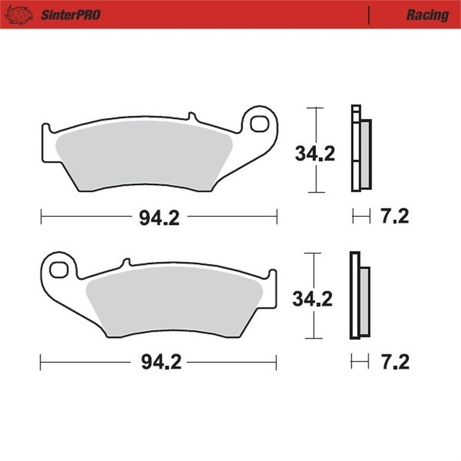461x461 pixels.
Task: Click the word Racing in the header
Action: point(427,15)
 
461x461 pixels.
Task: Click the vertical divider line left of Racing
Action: point(368,15)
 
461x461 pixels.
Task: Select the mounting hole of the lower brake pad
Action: point(59,269)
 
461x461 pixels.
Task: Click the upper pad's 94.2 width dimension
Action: point(159,218)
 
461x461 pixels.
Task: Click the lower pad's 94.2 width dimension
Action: point(161,363)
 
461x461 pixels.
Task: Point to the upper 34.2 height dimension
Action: point(315,153)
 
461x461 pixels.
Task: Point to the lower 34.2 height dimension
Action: point(312,299)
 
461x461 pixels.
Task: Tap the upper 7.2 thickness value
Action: point(395,216)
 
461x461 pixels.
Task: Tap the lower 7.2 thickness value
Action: point(395,361)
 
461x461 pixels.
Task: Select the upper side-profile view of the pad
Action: point(361,148)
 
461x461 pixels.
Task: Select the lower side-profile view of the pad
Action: point(360,296)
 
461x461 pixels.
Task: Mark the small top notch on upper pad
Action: point(191,116)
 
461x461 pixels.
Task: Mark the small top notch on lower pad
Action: point(126,262)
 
